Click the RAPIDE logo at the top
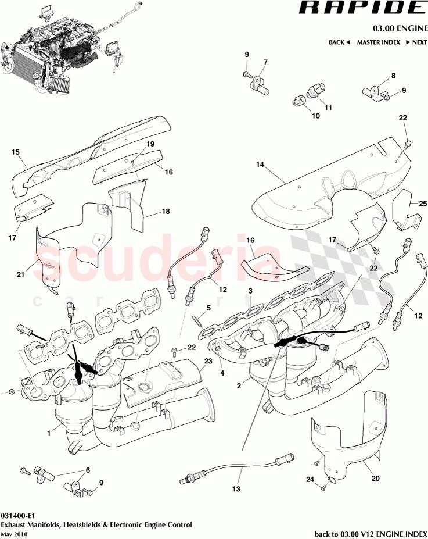point(361,8)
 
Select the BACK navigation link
point(339,42)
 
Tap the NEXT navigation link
point(416,42)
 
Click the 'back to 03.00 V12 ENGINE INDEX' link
point(371,534)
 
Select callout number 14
point(260,165)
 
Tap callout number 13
point(236,489)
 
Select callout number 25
point(422,202)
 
